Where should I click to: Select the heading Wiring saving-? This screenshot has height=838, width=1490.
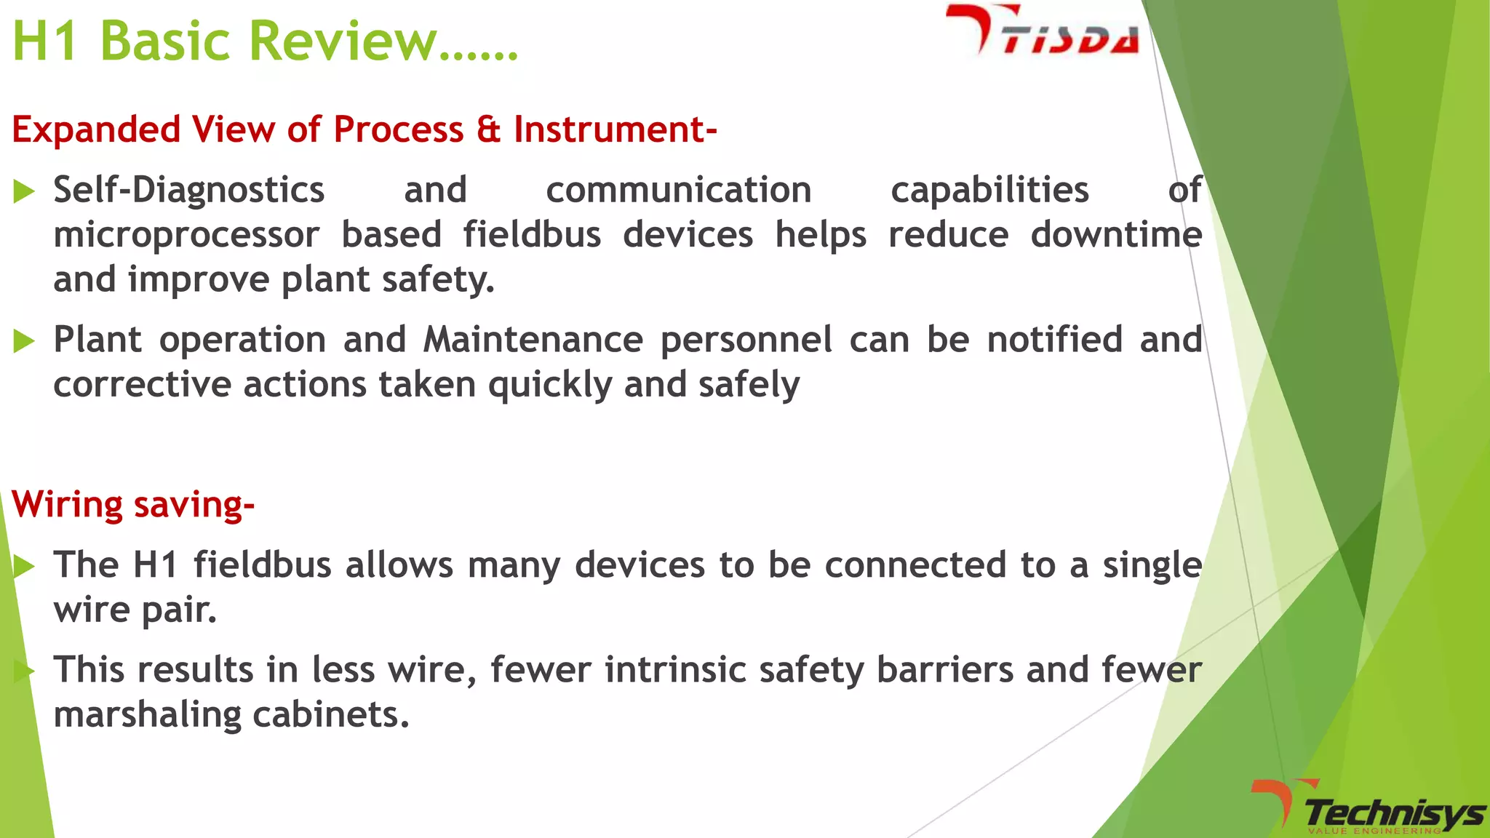click(x=133, y=504)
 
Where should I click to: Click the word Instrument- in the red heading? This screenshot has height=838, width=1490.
click(x=615, y=129)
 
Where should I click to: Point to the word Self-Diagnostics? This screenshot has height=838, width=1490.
click(x=188, y=191)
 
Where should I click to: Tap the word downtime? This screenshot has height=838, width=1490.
click(x=1116, y=235)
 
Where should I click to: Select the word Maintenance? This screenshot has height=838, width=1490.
click(x=533, y=340)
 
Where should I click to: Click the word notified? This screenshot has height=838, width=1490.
click(x=1054, y=340)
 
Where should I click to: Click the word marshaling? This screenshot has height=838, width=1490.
click(x=147, y=715)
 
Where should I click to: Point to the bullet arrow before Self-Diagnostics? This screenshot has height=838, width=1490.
click(x=24, y=191)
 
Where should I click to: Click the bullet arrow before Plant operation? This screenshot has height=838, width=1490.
click(x=24, y=340)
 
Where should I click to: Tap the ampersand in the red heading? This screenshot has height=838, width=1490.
click(x=488, y=129)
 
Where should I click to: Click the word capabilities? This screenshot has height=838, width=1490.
click(x=989, y=191)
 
